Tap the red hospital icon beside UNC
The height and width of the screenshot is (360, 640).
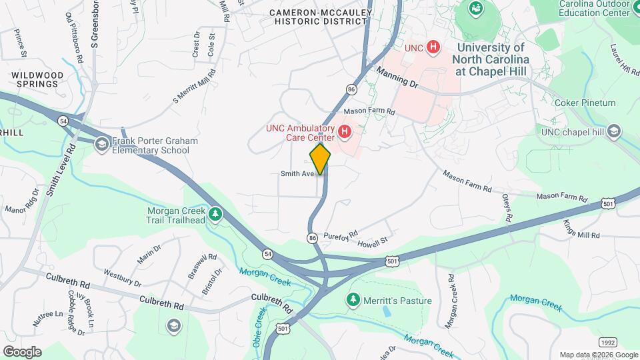pos(433,47)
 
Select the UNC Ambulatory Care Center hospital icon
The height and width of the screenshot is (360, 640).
pos(345,132)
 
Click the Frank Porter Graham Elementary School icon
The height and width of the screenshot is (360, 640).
pos(102,145)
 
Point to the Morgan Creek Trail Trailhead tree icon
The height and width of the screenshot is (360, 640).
pos(215,214)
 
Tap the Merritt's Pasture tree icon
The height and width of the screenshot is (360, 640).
pos(353,300)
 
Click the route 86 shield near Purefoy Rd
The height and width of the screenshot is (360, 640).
pos(312,237)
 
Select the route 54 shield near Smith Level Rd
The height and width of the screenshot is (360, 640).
pos(63,120)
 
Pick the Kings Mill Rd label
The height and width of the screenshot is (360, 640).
pos(581,230)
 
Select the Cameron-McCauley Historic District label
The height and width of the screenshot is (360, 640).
pos(319,17)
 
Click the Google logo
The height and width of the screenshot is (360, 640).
pos(22,351)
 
